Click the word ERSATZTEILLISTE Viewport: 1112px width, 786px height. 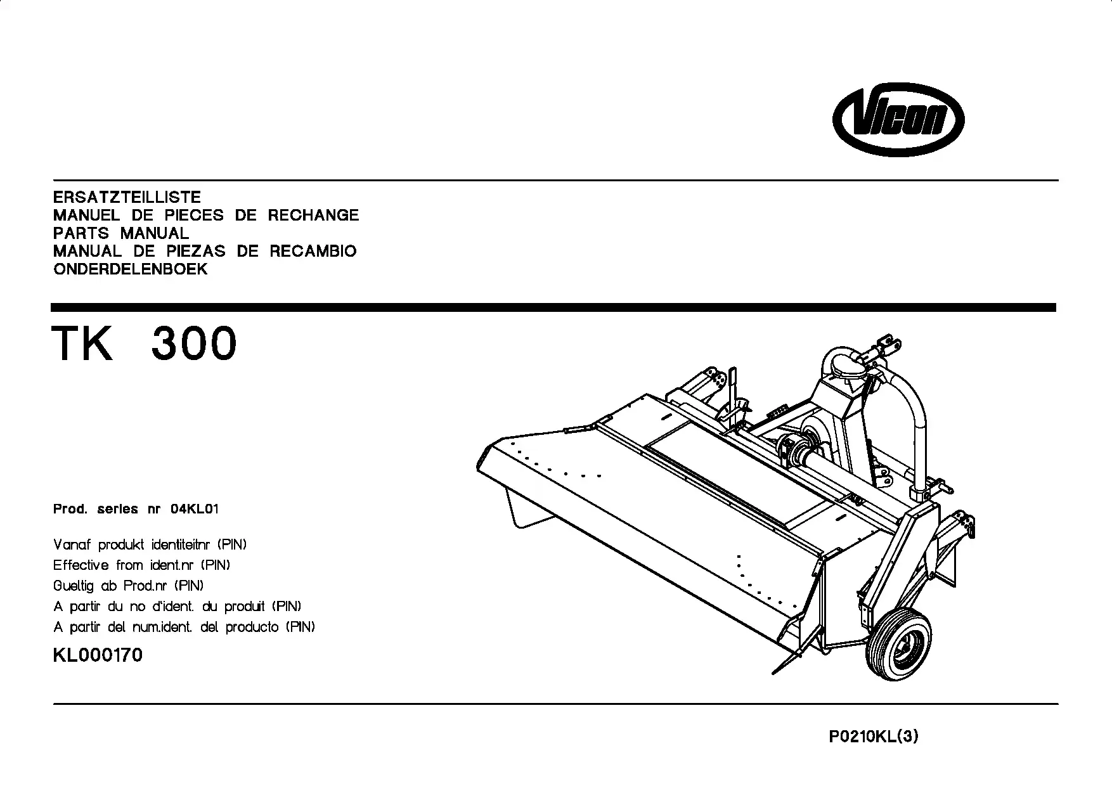tap(127, 197)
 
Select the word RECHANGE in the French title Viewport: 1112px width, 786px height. tap(313, 215)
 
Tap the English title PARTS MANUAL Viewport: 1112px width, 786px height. tap(121, 233)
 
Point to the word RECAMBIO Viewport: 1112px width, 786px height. tap(313, 251)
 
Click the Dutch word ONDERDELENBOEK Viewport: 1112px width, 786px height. tap(131, 269)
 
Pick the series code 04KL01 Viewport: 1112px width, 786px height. tap(195, 509)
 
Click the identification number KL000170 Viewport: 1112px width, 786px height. tap(98, 655)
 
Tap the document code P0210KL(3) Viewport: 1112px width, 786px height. tap(874, 737)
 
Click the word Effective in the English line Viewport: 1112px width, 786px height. tap(81, 565)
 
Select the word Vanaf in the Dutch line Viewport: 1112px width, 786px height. tap(71, 544)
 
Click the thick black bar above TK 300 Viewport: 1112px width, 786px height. tap(553, 307)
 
